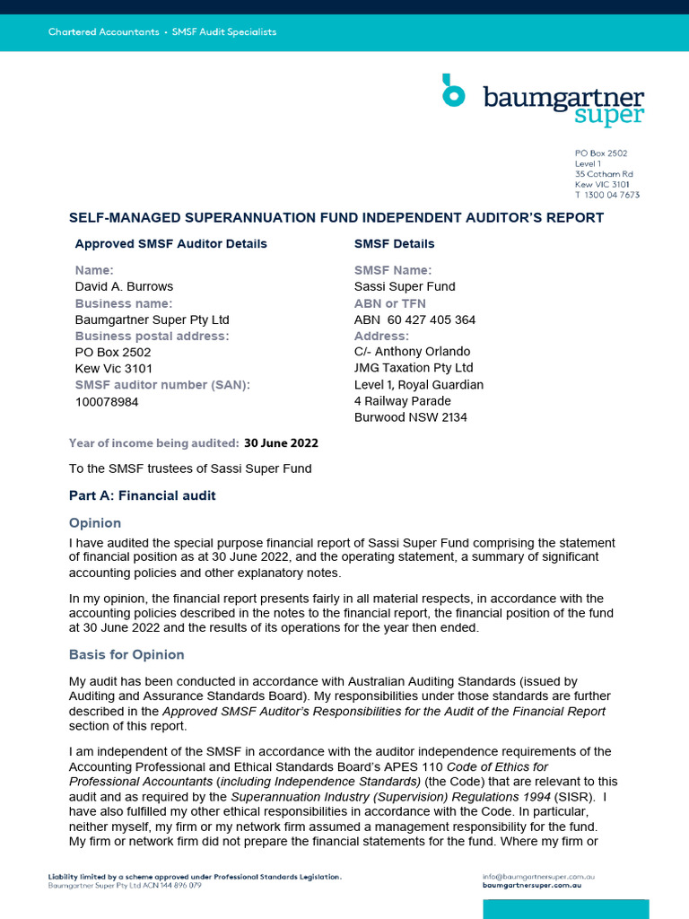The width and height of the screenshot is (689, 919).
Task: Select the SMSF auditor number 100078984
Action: pos(107,402)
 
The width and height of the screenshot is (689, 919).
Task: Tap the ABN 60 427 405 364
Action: pos(414,319)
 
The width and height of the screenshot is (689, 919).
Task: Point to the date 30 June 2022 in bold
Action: pos(281,442)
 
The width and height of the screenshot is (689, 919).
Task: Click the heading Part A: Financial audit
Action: pos(142,495)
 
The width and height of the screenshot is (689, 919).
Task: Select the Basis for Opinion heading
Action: pos(126,654)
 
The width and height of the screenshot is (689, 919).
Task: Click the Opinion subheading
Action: pos(95,523)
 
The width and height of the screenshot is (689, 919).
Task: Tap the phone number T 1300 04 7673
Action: pos(607,195)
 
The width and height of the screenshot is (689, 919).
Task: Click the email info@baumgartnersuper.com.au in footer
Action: pos(539,876)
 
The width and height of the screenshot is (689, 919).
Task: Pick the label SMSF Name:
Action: pos(393,270)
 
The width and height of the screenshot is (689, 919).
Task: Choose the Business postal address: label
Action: pos(152,336)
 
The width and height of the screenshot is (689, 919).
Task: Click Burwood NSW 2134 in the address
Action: pos(411,417)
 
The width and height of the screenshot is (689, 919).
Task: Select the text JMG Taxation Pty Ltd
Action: pos(414,368)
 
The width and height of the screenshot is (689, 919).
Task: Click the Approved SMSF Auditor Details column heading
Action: pos(170,243)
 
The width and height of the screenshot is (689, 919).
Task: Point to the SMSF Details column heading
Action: pos(394,243)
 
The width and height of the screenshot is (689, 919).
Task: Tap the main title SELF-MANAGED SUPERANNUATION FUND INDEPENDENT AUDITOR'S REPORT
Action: pos(336,218)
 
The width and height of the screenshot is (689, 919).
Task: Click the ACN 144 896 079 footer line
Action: pos(125,885)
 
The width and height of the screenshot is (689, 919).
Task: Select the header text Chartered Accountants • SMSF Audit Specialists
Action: pos(162,32)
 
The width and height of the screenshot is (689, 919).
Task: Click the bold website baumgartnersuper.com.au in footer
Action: pos(539,885)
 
